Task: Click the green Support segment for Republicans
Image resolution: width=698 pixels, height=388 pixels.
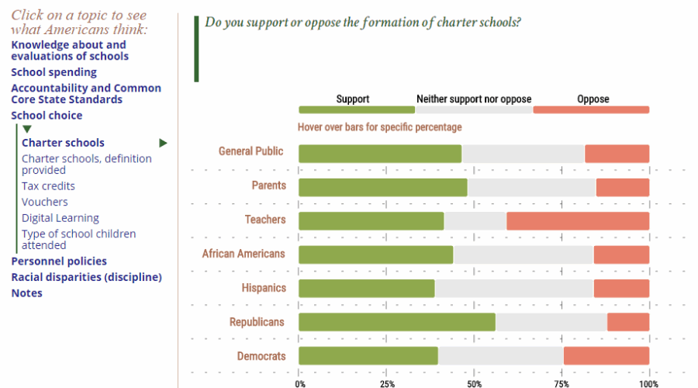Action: tap(396, 322)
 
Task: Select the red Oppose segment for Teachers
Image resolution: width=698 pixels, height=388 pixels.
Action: tap(578, 220)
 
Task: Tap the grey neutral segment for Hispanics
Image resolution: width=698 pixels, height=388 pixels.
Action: tap(513, 289)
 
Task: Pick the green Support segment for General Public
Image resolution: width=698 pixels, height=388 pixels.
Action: tap(380, 154)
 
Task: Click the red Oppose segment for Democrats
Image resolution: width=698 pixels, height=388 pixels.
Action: tap(606, 356)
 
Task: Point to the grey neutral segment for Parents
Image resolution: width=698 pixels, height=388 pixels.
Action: tap(531, 187)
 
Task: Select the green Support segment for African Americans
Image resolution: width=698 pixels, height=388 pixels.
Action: tap(375, 255)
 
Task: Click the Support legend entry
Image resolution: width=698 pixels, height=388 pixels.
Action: tap(353, 99)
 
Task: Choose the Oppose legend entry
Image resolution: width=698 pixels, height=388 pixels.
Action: tap(593, 99)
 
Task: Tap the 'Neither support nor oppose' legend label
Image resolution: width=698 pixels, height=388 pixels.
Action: tap(474, 99)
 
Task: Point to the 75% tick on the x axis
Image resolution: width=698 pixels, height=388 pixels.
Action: tap(562, 383)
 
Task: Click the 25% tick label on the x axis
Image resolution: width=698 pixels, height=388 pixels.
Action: tap(387, 383)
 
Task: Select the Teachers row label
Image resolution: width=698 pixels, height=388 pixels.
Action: tap(264, 220)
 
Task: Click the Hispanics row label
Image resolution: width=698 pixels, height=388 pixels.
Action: tap(263, 288)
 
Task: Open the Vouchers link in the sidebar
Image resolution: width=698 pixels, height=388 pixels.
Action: tap(44, 202)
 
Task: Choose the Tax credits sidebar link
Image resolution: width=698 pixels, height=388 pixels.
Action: tap(48, 186)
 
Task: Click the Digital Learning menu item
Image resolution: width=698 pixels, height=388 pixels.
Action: tap(60, 218)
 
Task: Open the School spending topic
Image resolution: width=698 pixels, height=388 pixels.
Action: tap(54, 72)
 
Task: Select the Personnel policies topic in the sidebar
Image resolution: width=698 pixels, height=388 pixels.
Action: tap(59, 262)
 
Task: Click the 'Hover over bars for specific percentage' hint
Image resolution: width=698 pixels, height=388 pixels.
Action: tap(379, 127)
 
